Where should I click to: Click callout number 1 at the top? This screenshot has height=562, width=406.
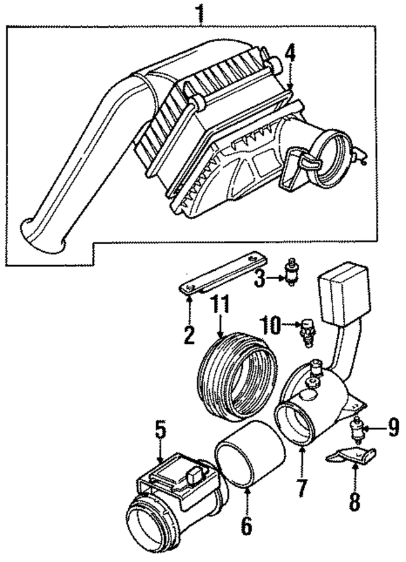tap(201, 12)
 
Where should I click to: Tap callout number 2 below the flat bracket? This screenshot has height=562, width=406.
tap(188, 334)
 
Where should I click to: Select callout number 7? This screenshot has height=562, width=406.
tap(301, 488)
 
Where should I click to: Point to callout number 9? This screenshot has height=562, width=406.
tap(393, 429)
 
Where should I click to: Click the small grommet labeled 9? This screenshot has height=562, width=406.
tap(358, 430)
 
